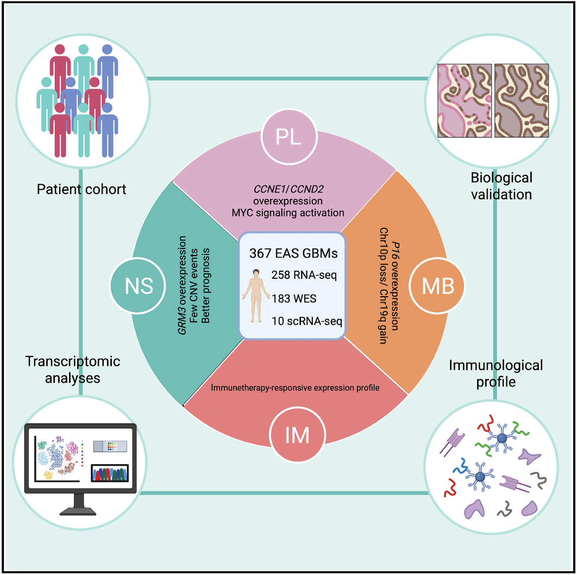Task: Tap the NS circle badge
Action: (139, 285)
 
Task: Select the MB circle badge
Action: (438, 285)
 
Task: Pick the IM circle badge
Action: (297, 434)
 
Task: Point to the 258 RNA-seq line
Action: (304, 275)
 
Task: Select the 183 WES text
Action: (293, 298)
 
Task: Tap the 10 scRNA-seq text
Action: (308, 321)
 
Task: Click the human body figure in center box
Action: (254, 298)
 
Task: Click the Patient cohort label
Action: (81, 189)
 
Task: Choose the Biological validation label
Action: (501, 185)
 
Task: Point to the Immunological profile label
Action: (496, 373)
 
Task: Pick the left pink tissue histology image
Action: (465, 100)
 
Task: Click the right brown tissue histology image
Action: (521, 100)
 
